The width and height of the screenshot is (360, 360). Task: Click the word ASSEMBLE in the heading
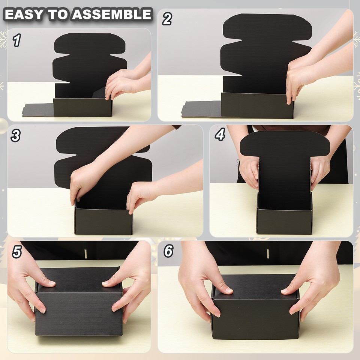(x=112, y=14)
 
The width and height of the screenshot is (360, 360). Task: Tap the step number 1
(x=16, y=40)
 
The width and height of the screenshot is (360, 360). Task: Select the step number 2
(x=167, y=18)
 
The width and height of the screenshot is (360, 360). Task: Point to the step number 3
(x=15, y=135)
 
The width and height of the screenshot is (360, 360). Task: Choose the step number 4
(x=220, y=134)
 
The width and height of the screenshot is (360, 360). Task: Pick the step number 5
(x=16, y=252)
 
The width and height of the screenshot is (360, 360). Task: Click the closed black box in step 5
(x=79, y=304)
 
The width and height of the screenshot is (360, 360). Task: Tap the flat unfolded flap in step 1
(x=37, y=110)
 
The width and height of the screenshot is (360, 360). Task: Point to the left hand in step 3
(x=81, y=184)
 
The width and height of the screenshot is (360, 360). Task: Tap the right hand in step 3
(x=141, y=195)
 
